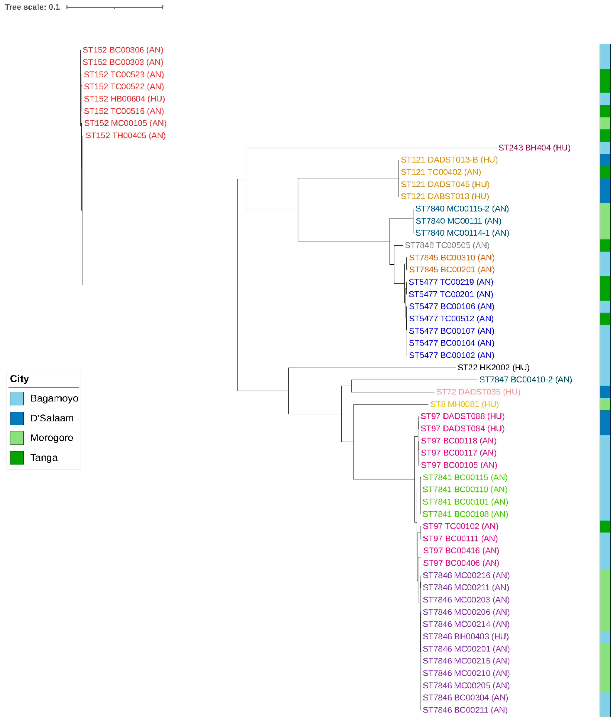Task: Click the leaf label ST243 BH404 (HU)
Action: coord(534,148)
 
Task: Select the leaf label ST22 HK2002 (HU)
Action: coord(493,367)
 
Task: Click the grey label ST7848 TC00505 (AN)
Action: coord(447,245)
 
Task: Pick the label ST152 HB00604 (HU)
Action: coord(124,99)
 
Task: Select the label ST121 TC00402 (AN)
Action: coord(440,172)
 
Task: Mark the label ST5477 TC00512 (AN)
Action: coord(451,319)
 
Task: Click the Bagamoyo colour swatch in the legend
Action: coord(17,398)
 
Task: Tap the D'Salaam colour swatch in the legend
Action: coord(17,418)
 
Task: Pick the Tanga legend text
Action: coord(44,458)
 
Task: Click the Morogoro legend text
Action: coord(52,438)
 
